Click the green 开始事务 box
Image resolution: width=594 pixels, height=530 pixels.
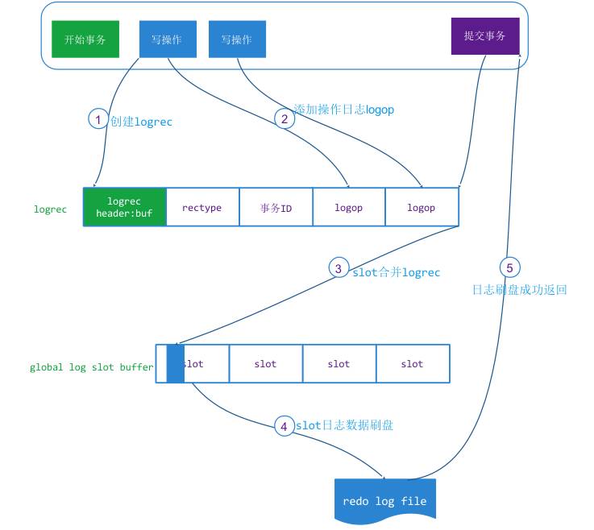(x=85, y=39)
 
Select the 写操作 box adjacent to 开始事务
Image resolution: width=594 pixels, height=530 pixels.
(x=167, y=39)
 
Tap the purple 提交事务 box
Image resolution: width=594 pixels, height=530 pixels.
(x=485, y=36)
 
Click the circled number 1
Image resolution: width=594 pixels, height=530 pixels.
(x=98, y=120)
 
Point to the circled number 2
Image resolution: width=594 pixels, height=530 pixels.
(x=284, y=118)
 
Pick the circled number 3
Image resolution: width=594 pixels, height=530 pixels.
(x=339, y=268)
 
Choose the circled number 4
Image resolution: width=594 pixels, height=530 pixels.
(x=284, y=425)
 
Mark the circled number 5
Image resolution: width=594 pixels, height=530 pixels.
(x=509, y=268)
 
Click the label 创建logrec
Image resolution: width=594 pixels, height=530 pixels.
(x=142, y=122)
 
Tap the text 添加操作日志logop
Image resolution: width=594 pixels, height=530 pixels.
(x=343, y=109)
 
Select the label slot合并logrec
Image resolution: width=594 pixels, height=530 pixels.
(x=397, y=272)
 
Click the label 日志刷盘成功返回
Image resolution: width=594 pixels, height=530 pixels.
(x=520, y=289)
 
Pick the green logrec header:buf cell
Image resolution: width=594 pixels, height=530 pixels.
(x=124, y=207)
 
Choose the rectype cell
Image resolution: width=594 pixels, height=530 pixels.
(x=201, y=207)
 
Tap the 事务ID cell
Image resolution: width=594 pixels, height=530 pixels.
(x=276, y=207)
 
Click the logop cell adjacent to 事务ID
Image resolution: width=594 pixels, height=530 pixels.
(x=348, y=207)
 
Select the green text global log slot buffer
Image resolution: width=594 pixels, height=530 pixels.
(x=91, y=366)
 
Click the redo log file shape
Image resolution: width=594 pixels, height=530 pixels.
(x=384, y=501)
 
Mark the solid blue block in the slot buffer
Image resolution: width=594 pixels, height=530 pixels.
(x=175, y=363)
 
